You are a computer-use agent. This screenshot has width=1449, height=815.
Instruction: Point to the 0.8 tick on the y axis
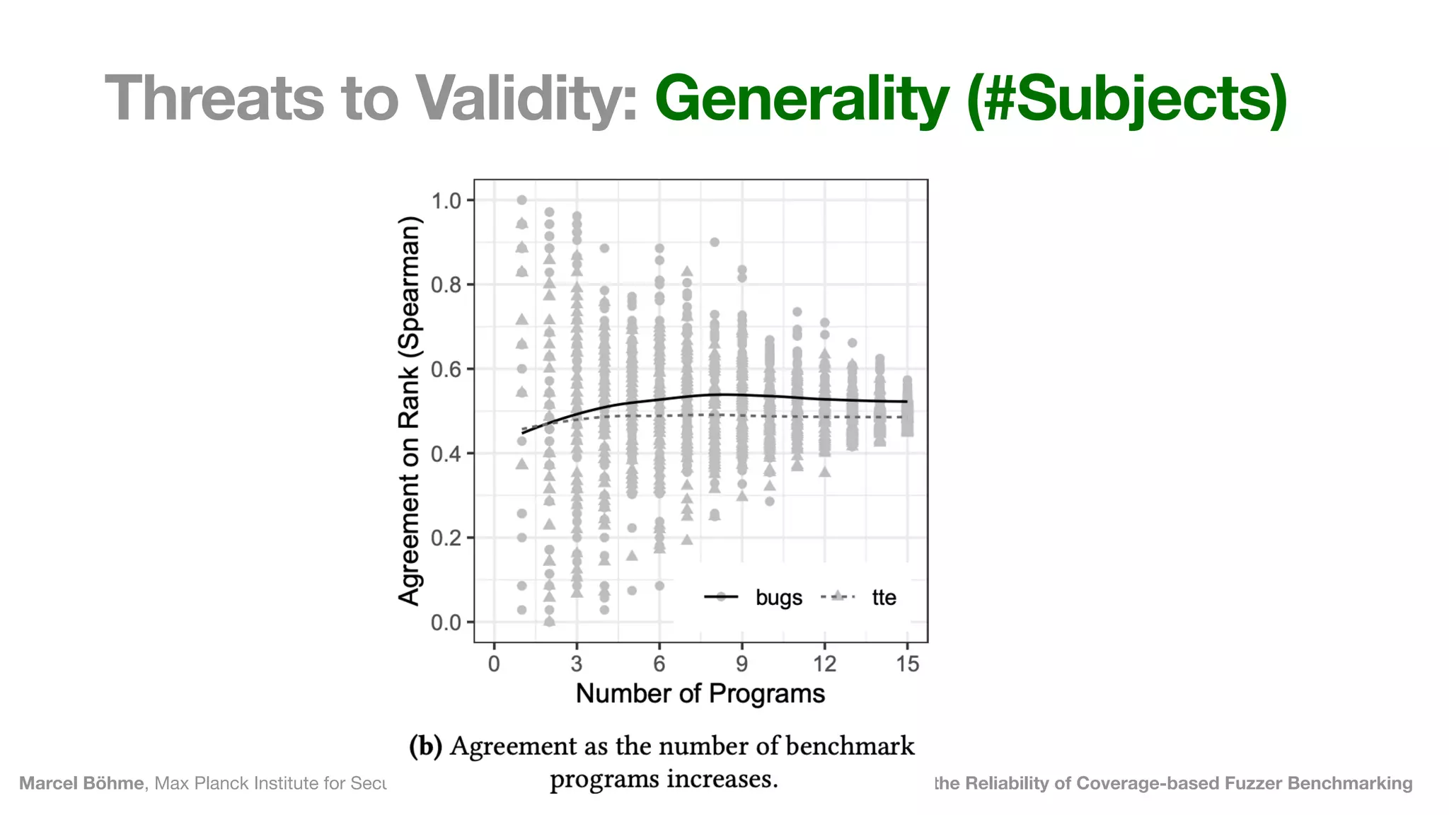point(446,285)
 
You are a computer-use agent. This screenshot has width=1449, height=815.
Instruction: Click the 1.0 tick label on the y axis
point(446,201)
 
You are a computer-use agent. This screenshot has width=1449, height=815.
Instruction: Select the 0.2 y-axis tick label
point(446,538)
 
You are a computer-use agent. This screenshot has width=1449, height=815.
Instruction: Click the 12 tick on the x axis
point(824,664)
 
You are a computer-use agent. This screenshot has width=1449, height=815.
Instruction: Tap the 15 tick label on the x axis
point(907,664)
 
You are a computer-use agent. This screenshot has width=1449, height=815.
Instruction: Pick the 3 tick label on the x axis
point(577,664)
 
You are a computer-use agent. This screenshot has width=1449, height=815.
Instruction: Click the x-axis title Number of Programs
point(700,693)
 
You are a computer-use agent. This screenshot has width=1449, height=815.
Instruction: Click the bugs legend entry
point(778,598)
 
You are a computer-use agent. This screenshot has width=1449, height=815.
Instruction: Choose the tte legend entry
point(884,598)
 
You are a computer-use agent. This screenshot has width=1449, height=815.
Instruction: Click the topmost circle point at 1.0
point(521,200)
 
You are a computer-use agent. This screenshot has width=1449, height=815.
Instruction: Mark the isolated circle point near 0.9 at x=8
point(715,242)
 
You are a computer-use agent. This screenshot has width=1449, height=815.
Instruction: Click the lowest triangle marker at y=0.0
point(550,621)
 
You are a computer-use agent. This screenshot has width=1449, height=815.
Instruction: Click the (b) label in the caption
point(425,746)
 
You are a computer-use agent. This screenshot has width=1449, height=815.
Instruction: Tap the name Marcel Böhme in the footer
point(81,783)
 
